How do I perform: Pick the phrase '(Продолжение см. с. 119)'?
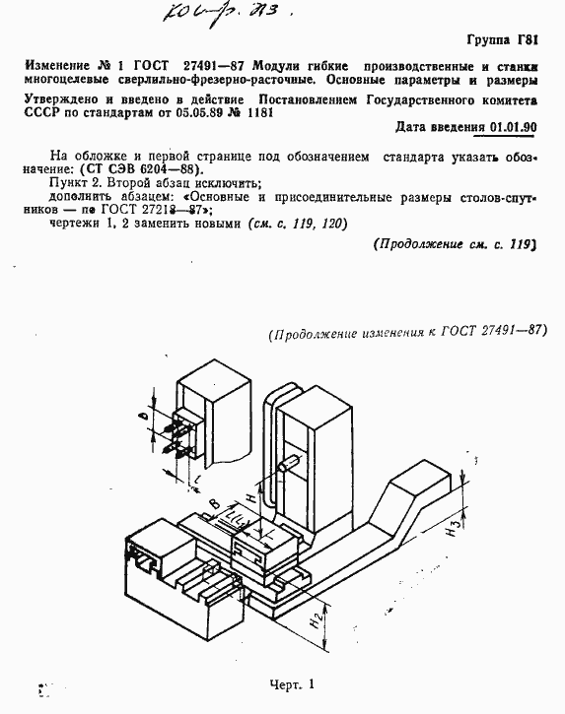455,245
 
